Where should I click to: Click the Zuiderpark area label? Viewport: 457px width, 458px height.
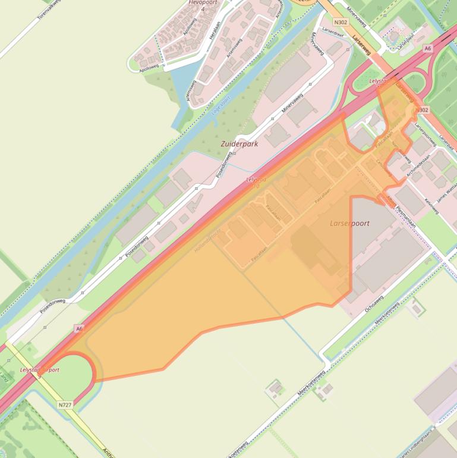tap(239, 144)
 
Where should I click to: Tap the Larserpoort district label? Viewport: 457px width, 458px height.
tap(349, 224)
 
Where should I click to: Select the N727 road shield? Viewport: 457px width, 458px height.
tap(65, 405)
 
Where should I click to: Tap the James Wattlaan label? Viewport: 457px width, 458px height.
tap(446, 191)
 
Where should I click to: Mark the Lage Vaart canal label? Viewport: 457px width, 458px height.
tap(220, 107)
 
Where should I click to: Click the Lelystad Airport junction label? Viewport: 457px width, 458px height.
tap(40, 370)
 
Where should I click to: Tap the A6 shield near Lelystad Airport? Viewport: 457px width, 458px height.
tap(79, 328)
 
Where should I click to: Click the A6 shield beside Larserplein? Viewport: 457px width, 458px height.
tap(427, 48)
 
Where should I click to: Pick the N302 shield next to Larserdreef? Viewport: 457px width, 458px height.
tap(341, 22)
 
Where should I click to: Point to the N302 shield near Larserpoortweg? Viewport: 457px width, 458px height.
tap(423, 110)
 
